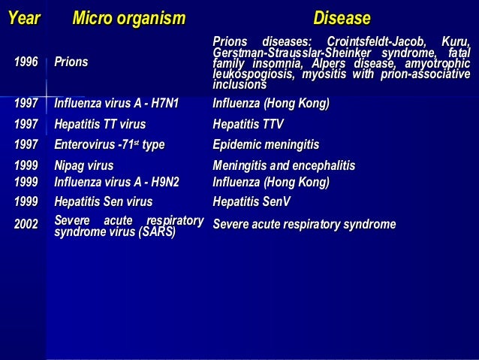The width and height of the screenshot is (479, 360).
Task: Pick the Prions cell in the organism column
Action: point(71,62)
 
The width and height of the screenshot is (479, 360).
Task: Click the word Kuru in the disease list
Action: point(455,41)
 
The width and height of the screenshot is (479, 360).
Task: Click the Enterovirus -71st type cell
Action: point(109,145)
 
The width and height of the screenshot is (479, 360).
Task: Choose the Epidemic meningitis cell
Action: point(266,145)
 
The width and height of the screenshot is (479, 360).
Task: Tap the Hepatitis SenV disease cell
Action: point(252,202)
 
